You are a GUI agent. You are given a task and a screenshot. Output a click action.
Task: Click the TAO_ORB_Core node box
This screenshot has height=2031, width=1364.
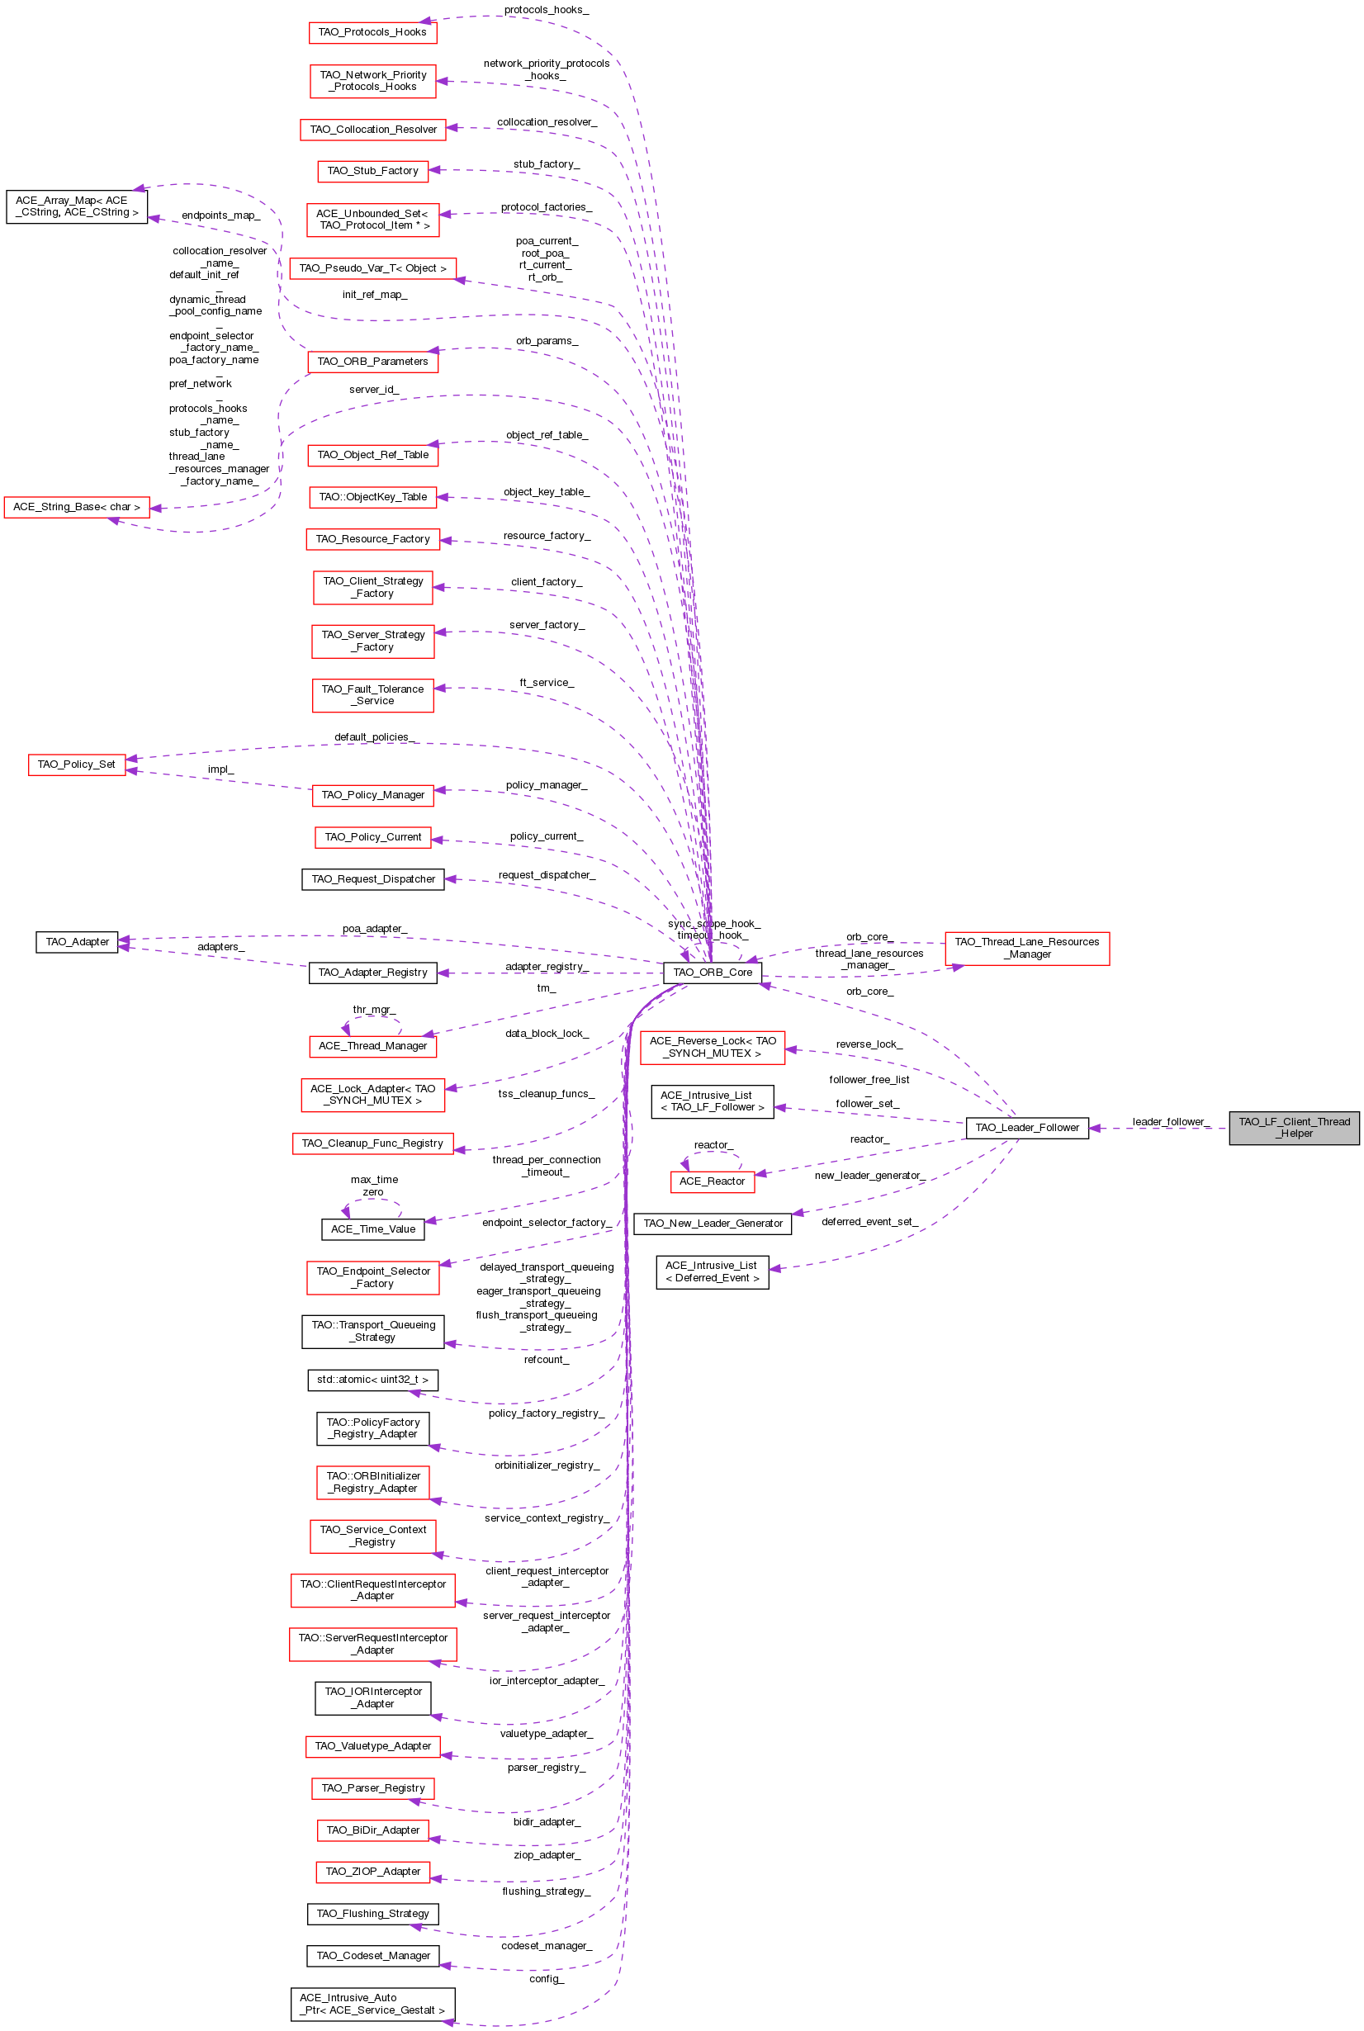(x=712, y=973)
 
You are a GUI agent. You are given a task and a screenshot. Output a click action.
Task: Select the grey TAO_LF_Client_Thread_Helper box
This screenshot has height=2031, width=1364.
(x=1294, y=1127)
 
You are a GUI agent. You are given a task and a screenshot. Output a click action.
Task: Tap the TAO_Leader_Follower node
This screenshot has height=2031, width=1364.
(x=1026, y=1127)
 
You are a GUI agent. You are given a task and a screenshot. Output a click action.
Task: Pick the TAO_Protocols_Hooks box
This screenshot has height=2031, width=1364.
(x=372, y=32)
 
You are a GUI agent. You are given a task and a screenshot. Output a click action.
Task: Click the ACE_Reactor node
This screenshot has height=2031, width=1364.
(x=712, y=1181)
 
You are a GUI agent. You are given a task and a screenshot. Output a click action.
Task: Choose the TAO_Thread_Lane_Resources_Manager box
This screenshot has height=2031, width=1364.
(x=1026, y=948)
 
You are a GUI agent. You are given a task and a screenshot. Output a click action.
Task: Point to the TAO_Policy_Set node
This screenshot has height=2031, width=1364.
(x=77, y=765)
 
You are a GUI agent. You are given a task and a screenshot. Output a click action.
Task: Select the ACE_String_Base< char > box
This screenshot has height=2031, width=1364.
(x=77, y=507)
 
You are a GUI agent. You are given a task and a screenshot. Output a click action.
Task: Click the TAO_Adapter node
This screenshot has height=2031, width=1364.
(x=77, y=942)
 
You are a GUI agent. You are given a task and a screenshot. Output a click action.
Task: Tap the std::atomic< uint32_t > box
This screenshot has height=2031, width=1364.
(x=372, y=1380)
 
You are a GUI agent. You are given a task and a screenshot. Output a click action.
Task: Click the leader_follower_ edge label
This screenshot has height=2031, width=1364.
(x=1171, y=1122)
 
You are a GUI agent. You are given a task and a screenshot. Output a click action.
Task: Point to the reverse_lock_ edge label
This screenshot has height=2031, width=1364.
(x=869, y=1044)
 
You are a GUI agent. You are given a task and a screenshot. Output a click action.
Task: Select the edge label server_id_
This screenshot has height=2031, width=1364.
(x=374, y=390)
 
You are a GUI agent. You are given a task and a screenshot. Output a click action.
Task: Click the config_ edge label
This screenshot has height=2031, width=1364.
(x=547, y=1979)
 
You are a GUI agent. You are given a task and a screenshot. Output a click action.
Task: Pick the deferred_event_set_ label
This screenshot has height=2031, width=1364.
(x=870, y=1222)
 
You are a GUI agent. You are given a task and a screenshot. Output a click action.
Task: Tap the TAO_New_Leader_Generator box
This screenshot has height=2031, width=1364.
(x=713, y=1224)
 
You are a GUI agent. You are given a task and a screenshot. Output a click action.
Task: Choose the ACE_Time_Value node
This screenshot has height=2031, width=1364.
(x=372, y=1229)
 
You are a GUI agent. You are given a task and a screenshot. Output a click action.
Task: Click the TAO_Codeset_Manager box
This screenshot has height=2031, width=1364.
(x=373, y=1956)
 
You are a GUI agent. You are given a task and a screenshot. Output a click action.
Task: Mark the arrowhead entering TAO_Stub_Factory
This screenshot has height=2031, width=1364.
(x=435, y=170)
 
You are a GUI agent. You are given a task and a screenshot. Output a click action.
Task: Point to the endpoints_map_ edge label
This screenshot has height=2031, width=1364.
(x=220, y=215)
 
